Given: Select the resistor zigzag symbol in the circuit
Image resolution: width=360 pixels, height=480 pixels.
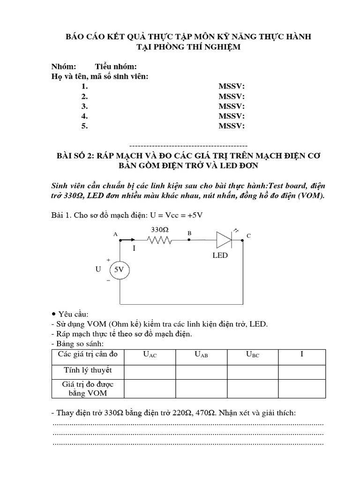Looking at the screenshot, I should tap(159, 240).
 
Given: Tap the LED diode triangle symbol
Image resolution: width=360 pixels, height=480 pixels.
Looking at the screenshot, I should tap(223, 240).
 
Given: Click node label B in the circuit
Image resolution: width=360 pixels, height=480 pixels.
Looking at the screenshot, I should tap(189, 232).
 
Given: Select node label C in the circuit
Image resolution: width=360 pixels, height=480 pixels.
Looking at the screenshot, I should tap(249, 236).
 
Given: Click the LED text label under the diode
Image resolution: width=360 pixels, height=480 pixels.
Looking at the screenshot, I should tap(219, 255).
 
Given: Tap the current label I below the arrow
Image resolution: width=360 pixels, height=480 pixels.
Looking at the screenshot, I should tap(134, 248).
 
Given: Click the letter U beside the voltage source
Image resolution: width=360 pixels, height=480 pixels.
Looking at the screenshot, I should tap(98, 270).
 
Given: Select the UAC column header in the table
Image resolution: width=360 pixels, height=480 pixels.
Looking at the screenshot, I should tap(150, 355).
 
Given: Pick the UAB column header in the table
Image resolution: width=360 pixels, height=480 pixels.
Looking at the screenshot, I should tap(201, 355).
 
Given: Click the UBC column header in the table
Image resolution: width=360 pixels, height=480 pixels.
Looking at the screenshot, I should tap(252, 355).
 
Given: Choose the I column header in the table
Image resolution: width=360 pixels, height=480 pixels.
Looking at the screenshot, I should tap(301, 354).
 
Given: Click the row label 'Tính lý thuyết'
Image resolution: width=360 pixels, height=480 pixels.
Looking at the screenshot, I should tap(88, 370).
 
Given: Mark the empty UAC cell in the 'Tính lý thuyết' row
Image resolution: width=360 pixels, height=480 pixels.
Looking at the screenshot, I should tap(150, 371).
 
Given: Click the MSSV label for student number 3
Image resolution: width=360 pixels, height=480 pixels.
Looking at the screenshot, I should tap(232, 106).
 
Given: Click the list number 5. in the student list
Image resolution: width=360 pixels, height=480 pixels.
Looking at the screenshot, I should tap(84, 126).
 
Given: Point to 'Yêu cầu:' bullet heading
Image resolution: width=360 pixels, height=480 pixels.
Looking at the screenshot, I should tap(75, 313).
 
